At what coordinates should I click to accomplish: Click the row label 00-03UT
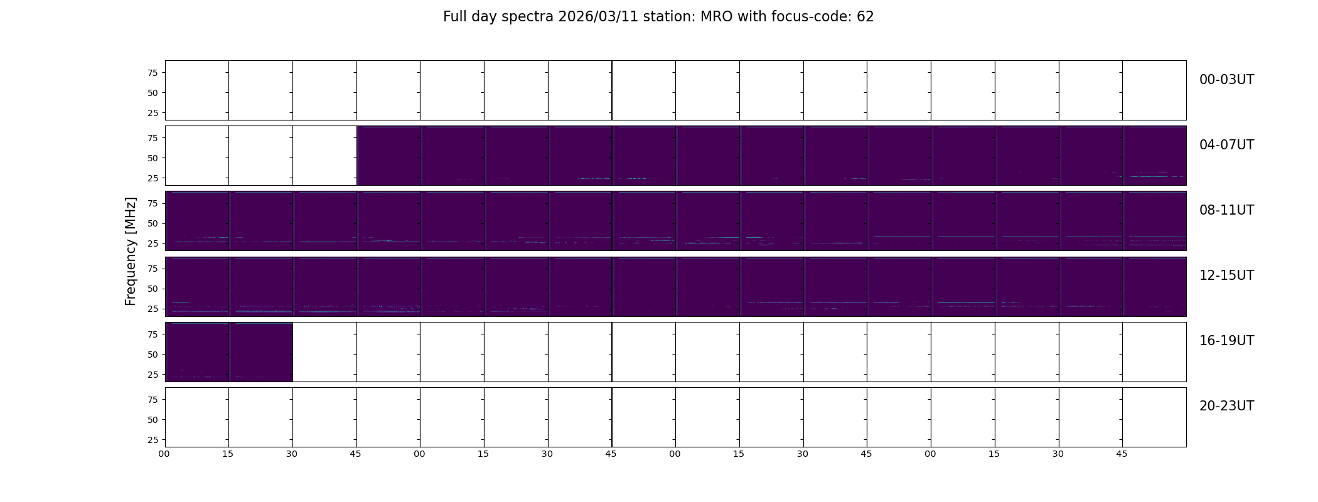click(x=1226, y=80)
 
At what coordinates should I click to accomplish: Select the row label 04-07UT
click(x=1226, y=145)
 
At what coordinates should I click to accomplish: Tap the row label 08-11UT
click(x=1226, y=210)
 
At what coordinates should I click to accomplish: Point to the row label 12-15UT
click(x=1226, y=275)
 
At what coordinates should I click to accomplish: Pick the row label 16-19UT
click(x=1226, y=341)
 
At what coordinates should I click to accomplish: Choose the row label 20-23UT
click(x=1226, y=406)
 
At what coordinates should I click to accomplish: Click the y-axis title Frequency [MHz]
click(x=131, y=252)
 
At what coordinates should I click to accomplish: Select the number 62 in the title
click(x=865, y=17)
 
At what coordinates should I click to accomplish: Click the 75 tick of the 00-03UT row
click(x=153, y=73)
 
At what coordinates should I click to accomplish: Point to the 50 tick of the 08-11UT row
click(x=153, y=223)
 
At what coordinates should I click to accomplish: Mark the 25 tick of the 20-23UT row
click(x=153, y=439)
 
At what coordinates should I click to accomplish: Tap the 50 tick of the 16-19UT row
click(x=153, y=354)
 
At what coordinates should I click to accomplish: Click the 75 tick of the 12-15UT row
click(x=153, y=269)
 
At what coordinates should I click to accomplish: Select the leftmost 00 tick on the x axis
click(x=164, y=454)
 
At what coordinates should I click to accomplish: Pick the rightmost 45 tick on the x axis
click(x=1122, y=454)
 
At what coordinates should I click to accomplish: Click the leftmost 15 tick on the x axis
click(x=228, y=454)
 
